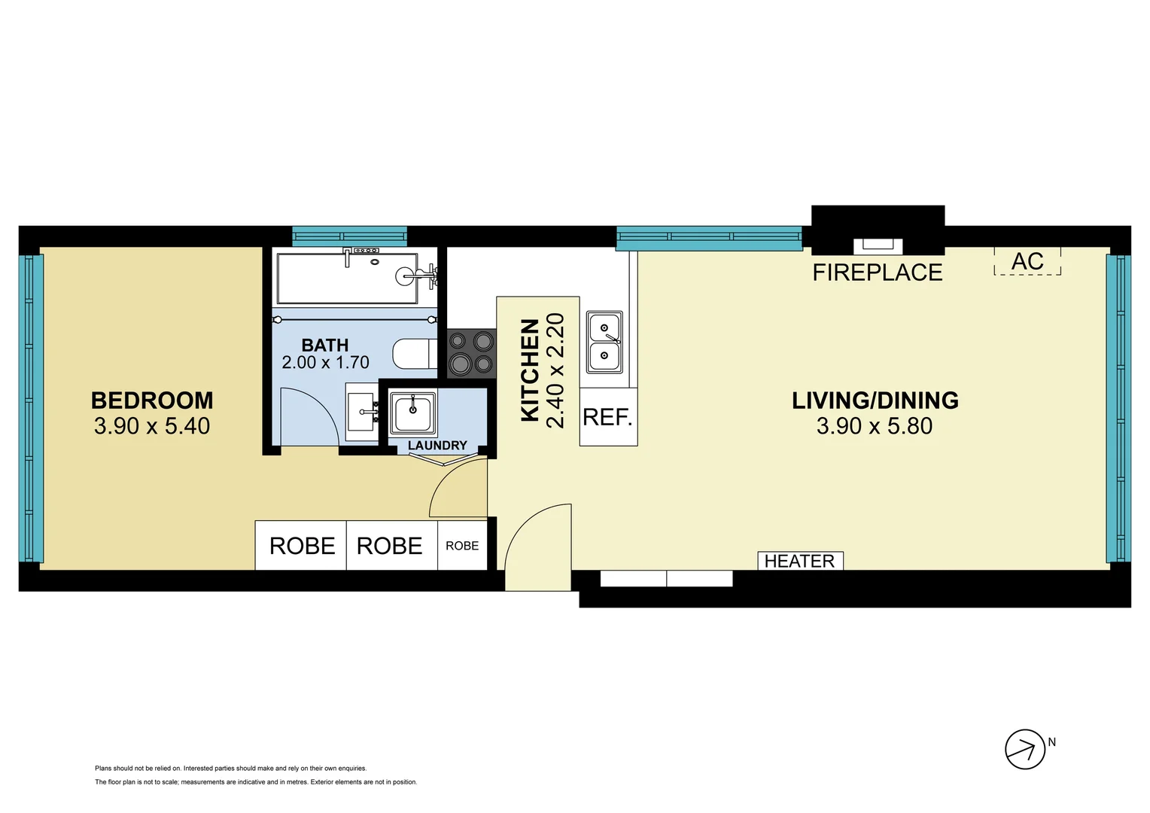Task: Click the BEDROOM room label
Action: tap(152, 400)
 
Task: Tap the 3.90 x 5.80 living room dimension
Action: tap(874, 426)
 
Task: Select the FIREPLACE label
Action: tap(877, 273)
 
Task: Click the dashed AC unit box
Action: tap(1027, 261)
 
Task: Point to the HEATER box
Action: tap(799, 561)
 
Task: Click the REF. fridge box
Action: tap(608, 417)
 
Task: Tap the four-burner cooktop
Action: tap(471, 353)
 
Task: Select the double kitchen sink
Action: tap(604, 342)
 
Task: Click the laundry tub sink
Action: tap(412, 413)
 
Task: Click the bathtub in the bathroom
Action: tap(347, 278)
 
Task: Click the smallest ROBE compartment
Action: tap(462, 545)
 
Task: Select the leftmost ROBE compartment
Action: tap(301, 545)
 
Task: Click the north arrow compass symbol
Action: tap(1025, 749)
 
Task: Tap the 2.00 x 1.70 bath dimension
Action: tap(325, 362)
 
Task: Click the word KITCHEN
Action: tap(530, 370)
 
